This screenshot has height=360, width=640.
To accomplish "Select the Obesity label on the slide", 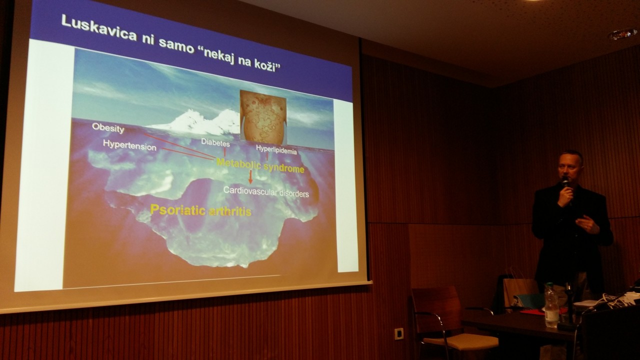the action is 108,128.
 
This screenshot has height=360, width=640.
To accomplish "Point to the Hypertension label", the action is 129,145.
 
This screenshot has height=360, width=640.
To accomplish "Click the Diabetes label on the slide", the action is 215,142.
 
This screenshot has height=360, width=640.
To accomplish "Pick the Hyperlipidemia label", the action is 276,149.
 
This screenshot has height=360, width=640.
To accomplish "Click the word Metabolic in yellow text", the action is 238,164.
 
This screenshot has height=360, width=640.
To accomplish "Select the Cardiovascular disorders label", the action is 266,192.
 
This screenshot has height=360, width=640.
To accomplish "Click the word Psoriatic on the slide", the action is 177,210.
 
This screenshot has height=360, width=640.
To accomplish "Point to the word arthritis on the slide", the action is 230,211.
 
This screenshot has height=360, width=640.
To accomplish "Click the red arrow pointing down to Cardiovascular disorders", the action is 250,177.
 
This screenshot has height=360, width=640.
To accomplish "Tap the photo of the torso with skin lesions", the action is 263,117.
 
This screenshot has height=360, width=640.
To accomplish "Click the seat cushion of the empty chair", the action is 460,342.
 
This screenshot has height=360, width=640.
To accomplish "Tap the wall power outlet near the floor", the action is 399,333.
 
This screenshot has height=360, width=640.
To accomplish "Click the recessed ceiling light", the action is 623,34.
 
